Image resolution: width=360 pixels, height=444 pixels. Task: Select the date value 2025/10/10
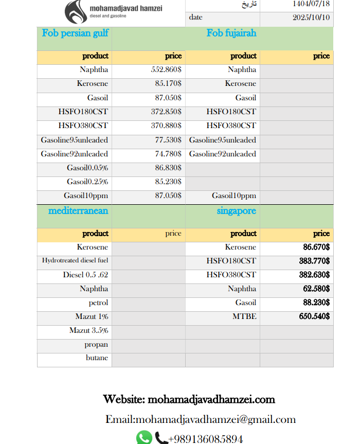[x=311, y=17]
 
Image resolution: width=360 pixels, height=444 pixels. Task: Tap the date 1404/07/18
[x=311, y=4]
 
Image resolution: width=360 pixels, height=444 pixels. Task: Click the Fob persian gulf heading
[x=75, y=33]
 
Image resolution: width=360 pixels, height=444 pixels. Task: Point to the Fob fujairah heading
[x=231, y=33]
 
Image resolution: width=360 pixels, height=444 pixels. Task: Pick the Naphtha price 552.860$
[x=166, y=70]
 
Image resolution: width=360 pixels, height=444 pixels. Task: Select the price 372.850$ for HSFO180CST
[x=166, y=112]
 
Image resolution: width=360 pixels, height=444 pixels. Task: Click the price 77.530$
[x=168, y=140]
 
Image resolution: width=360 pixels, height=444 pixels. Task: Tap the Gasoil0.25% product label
[x=87, y=182]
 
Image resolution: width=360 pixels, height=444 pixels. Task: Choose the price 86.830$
[x=168, y=168]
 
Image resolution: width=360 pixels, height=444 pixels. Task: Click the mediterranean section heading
[x=78, y=211]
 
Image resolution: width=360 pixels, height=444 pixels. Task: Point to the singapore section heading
[x=237, y=211]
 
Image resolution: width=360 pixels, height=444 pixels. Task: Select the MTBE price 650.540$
[x=314, y=317]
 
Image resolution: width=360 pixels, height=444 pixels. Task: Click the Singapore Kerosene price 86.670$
[x=316, y=247]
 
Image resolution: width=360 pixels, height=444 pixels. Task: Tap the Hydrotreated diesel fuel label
[x=75, y=261]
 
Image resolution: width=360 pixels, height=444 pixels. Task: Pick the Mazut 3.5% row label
[x=88, y=330]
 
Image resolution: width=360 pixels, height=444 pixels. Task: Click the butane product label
[x=97, y=358]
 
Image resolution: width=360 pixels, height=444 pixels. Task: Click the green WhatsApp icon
[x=144, y=438]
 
